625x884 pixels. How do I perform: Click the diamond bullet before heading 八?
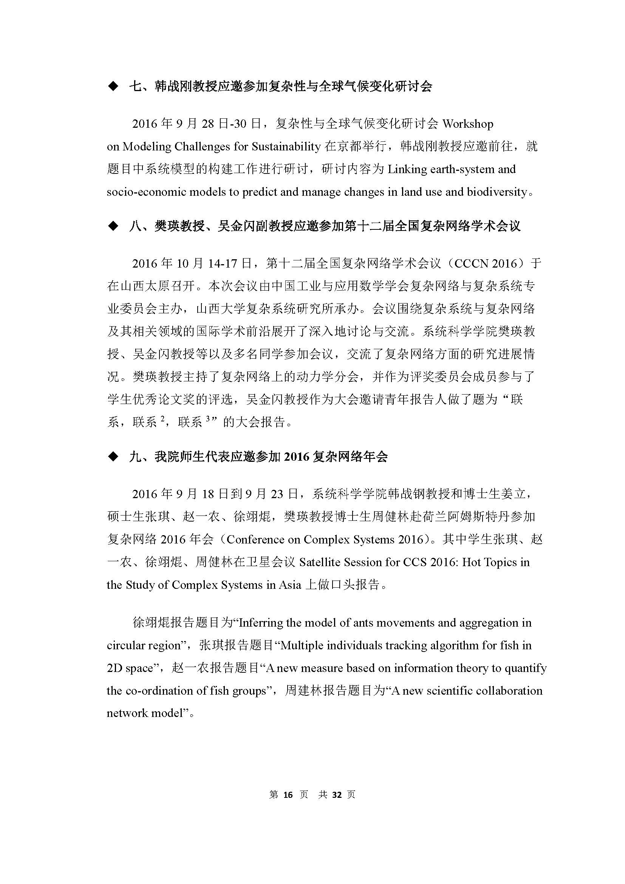[113, 226]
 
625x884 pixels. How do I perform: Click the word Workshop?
[467, 124]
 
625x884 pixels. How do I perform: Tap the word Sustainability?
[286, 146]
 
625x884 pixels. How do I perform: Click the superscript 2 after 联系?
[162, 420]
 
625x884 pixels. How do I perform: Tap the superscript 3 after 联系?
[208, 420]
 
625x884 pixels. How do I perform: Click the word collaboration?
[509, 690]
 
